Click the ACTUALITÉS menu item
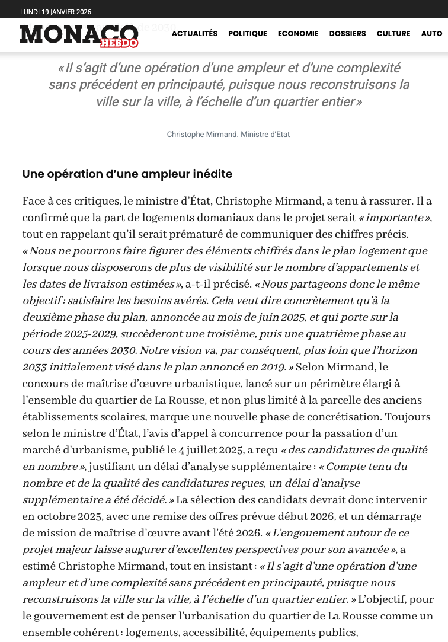pyautogui.click(x=194, y=34)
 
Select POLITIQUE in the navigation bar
pyautogui.click(x=248, y=34)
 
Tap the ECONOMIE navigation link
pyautogui.click(x=298, y=34)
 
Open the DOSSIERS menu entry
pyautogui.click(x=347, y=34)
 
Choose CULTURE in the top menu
pyautogui.click(x=393, y=34)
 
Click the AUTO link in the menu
pyautogui.click(x=431, y=34)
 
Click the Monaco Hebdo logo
pyautogui.click(x=79, y=35)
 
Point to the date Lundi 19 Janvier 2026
pyautogui.click(x=56, y=12)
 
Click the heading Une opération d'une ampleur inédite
pyautogui.click(x=127, y=174)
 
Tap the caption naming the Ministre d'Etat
pyautogui.click(x=228, y=135)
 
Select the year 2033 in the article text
pyautogui.click(x=34, y=368)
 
